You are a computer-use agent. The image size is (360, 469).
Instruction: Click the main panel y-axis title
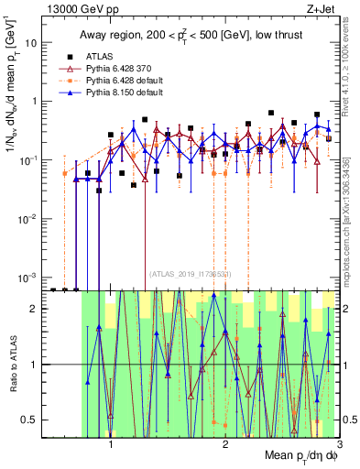(x=12, y=82)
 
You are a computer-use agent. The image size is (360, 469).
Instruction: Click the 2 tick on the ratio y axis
(x=37, y=310)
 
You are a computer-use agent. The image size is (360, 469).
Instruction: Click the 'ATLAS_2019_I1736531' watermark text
(x=190, y=273)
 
